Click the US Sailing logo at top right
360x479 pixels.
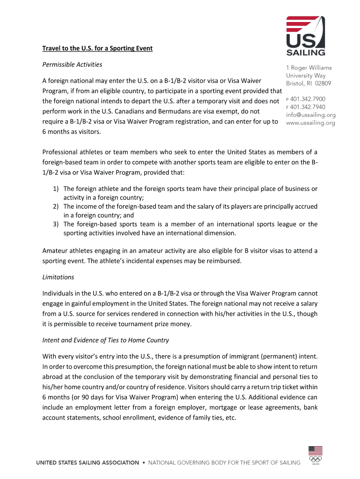click(x=306, y=36)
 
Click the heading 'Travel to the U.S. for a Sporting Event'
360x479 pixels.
click(x=97, y=48)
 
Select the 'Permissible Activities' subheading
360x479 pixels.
click(x=72, y=64)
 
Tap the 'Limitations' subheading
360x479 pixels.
click(x=58, y=277)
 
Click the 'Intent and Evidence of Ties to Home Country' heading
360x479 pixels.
click(x=106, y=340)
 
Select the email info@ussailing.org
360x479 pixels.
click(x=310, y=115)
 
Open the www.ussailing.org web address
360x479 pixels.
click(x=310, y=123)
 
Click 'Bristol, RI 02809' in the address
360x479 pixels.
click(x=308, y=83)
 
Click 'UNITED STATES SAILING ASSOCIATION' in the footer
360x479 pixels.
click(x=88, y=463)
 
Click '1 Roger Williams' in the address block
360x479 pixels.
click(x=309, y=68)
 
